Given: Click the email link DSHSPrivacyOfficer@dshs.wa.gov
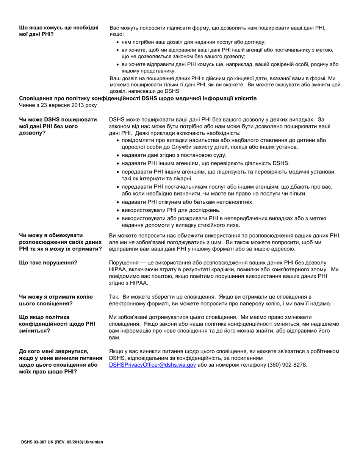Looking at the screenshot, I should [x=152, y=365].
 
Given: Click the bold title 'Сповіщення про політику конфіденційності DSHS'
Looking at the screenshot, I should [x=138, y=99].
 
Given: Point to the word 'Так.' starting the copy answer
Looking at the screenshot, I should [x=114, y=297].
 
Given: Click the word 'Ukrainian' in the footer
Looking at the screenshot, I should [x=94, y=442].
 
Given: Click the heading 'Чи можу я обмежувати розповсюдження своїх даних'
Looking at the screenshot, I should [x=60, y=242].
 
